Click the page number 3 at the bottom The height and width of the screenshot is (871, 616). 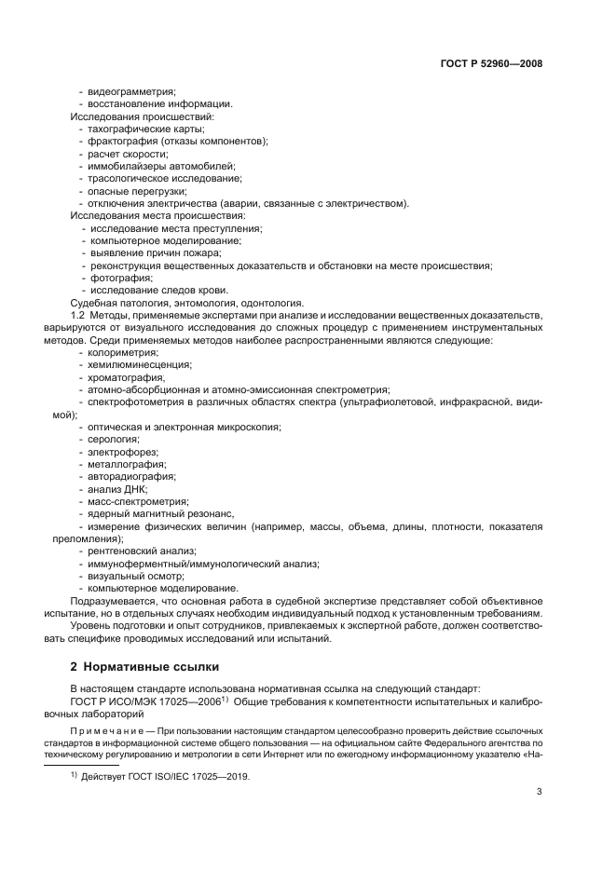click(539, 792)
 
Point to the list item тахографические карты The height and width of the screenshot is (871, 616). click(139, 129)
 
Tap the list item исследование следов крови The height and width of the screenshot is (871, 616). click(152, 290)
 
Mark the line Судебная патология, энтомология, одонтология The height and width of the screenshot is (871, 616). click(186, 303)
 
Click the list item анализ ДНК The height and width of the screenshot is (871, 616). click(117, 489)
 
